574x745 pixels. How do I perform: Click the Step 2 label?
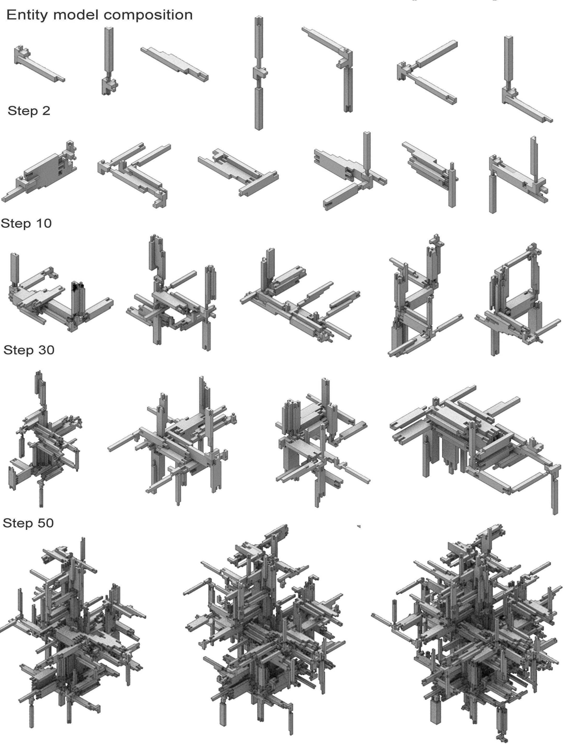coord(29,111)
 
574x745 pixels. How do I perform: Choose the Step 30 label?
coord(29,350)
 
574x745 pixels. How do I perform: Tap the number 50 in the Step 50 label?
coord(45,523)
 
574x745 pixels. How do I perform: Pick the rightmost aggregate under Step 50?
coord(467,634)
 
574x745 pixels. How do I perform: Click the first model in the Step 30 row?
coord(44,440)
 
